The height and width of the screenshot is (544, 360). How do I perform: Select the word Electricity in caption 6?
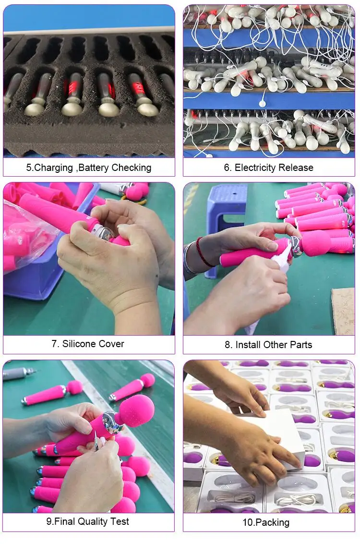click(254, 168)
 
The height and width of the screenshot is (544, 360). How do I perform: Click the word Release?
click(296, 168)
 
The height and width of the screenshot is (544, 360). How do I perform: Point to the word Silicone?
click(76, 344)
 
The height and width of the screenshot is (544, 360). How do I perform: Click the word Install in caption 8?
click(248, 345)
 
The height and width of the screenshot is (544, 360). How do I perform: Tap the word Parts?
click(301, 345)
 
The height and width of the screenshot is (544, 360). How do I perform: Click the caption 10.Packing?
click(265, 522)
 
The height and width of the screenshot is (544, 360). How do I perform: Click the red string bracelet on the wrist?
click(201, 252)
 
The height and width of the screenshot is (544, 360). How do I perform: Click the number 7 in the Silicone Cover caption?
click(54, 344)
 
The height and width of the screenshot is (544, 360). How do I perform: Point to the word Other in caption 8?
click(275, 345)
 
